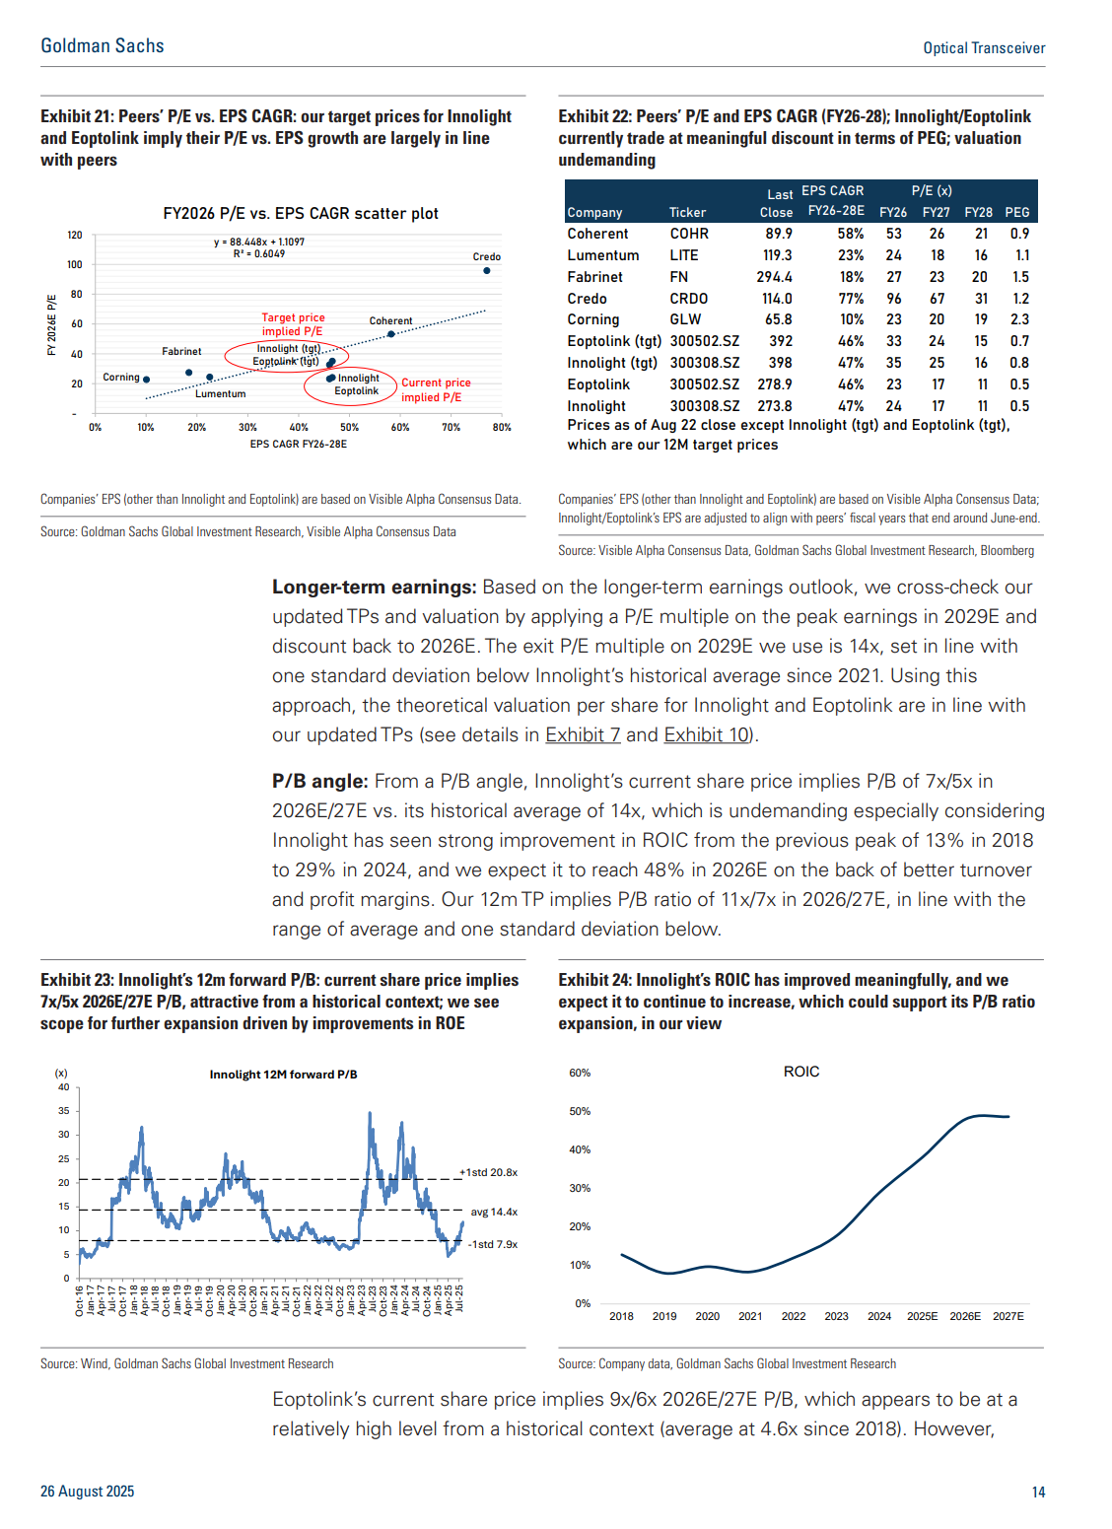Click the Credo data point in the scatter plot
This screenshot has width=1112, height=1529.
tap(487, 271)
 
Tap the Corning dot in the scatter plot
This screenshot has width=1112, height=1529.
tap(146, 380)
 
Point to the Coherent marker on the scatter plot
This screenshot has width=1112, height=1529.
tap(391, 334)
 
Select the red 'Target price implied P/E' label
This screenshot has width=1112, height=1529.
tap(293, 324)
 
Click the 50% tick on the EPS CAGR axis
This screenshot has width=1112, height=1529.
tap(350, 427)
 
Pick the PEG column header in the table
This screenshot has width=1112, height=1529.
tap(1016, 212)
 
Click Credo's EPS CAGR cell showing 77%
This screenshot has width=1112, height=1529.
tap(851, 299)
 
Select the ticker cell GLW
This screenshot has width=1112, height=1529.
tap(685, 319)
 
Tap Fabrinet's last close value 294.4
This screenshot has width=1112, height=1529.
tap(774, 276)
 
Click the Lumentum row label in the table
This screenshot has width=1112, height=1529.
tap(602, 255)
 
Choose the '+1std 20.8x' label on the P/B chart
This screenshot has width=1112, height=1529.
tap(489, 1173)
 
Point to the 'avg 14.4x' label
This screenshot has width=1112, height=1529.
tap(494, 1212)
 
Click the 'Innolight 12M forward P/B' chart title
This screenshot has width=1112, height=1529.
tap(283, 1075)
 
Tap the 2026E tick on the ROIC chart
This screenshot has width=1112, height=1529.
tap(965, 1316)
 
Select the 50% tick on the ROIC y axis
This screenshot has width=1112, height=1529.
tap(580, 1111)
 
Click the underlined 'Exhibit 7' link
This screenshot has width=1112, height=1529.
tap(583, 734)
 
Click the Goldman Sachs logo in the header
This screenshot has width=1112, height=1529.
tap(103, 45)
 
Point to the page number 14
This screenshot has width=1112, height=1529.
tap(1038, 1492)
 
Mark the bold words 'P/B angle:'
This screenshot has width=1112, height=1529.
tap(320, 781)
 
